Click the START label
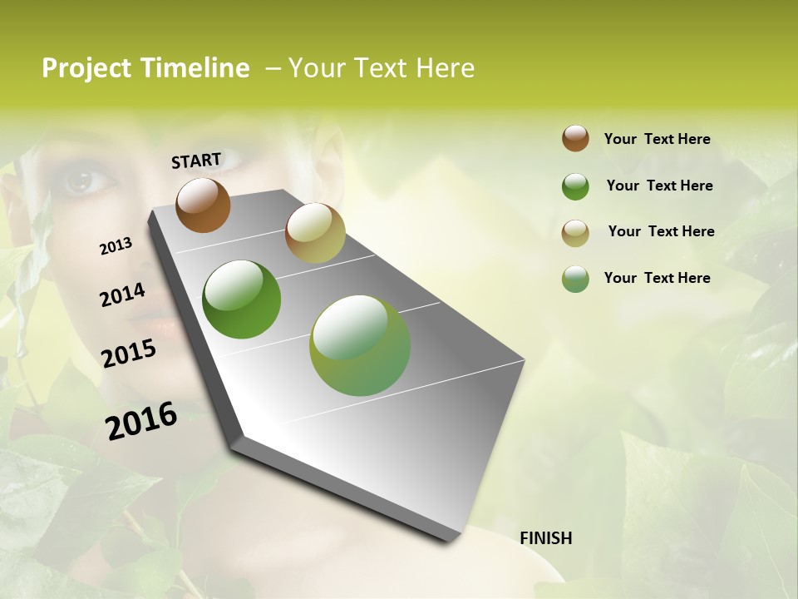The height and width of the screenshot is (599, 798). [x=196, y=160]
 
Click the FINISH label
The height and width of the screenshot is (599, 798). [x=545, y=538]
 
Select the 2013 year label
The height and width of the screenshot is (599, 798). [x=116, y=246]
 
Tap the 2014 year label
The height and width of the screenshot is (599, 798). [x=122, y=295]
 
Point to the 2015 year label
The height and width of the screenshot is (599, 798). [x=129, y=354]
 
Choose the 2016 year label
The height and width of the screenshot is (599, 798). [x=141, y=421]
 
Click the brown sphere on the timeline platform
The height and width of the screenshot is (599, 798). [x=203, y=205]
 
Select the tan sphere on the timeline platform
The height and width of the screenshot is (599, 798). [x=314, y=233]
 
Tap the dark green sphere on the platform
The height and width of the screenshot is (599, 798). [x=241, y=299]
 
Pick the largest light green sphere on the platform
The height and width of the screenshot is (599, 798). [x=360, y=345]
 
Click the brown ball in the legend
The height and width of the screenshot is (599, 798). [x=575, y=138]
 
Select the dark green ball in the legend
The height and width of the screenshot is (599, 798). [x=575, y=186]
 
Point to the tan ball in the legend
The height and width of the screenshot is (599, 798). [x=575, y=233]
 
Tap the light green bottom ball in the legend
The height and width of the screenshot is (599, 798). [x=575, y=279]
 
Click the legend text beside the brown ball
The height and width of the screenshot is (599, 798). [x=657, y=139]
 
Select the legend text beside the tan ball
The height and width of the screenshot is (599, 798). [x=661, y=231]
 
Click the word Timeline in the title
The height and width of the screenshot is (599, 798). [x=195, y=68]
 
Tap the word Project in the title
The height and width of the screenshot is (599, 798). [x=86, y=68]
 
